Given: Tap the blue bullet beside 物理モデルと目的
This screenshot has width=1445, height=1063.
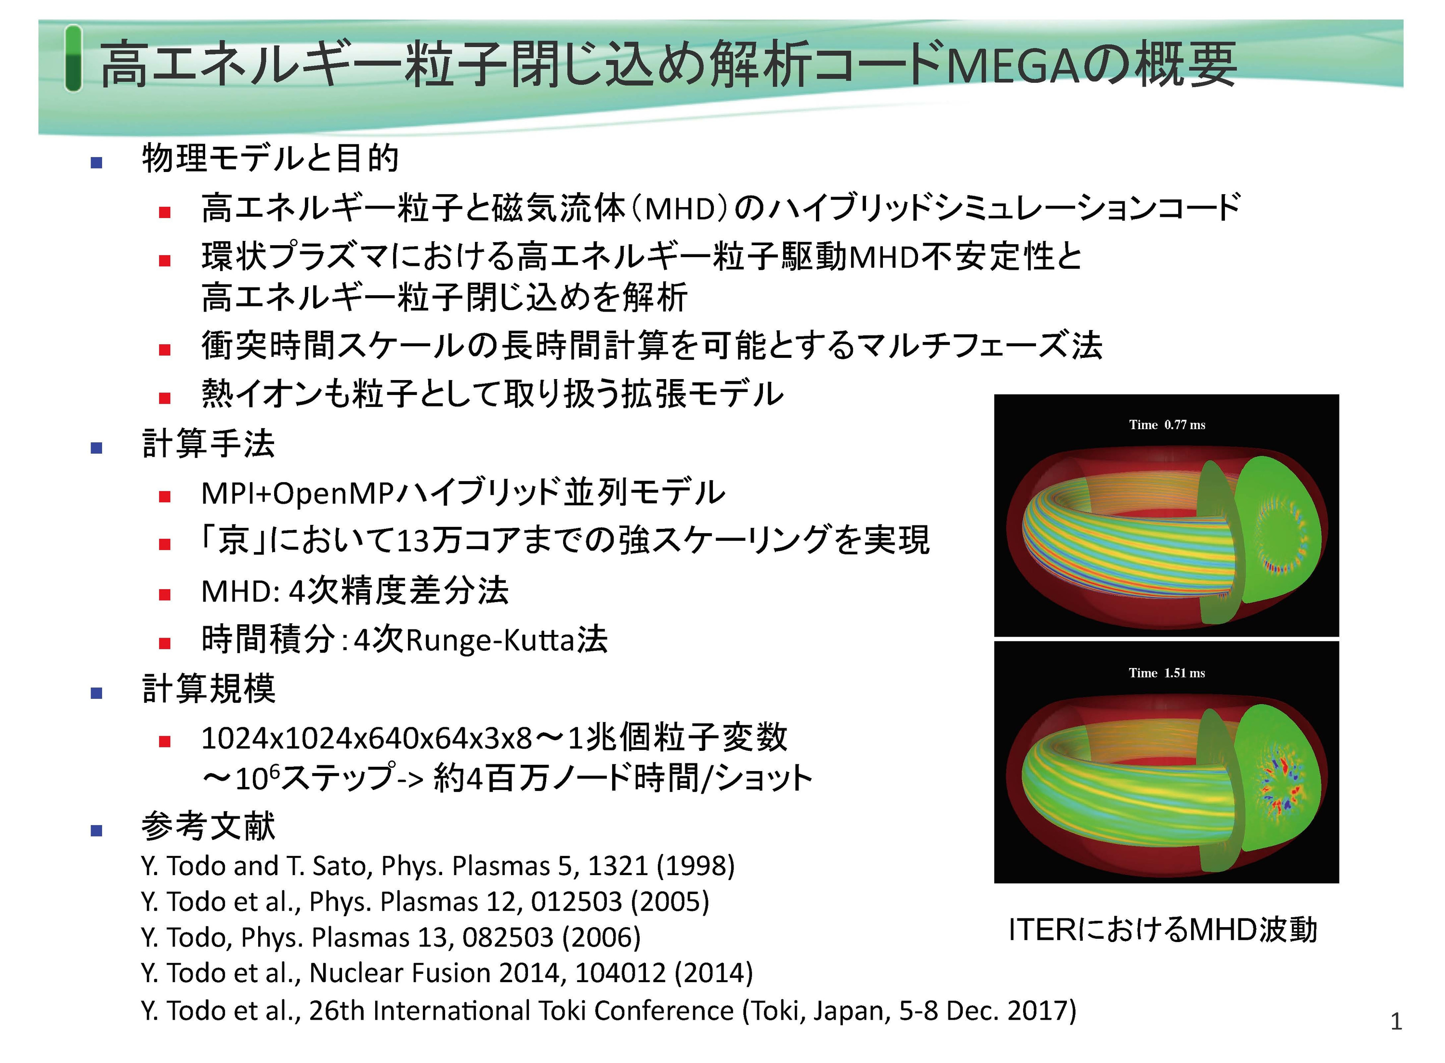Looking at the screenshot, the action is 96,162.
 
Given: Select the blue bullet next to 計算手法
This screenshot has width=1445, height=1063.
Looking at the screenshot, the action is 96,448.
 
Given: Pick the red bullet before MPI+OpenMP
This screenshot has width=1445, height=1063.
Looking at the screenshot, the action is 165,496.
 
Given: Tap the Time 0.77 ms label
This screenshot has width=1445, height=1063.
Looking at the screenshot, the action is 1167,425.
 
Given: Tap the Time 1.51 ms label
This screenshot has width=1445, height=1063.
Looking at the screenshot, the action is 1167,673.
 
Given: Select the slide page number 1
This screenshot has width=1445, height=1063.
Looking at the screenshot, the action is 1396,1021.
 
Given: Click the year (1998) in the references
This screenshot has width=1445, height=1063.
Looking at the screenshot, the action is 696,866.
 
